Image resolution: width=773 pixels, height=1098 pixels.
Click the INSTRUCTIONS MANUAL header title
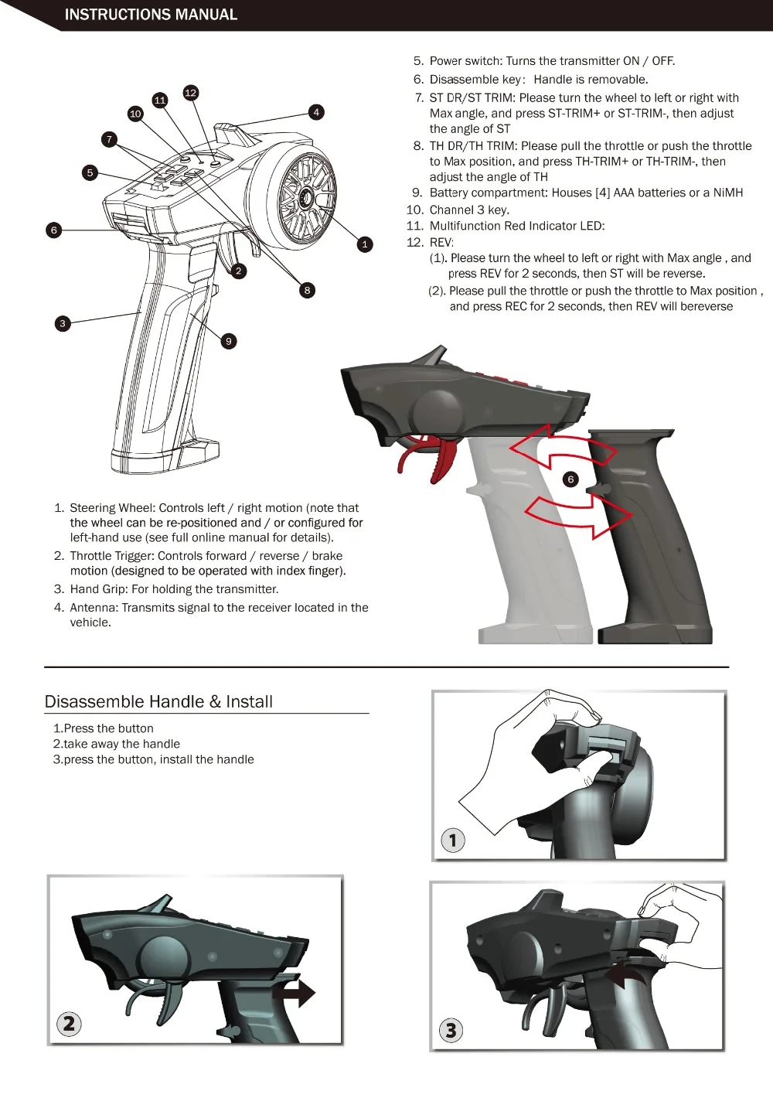pos(151,15)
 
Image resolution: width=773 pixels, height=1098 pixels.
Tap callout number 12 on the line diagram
pos(191,93)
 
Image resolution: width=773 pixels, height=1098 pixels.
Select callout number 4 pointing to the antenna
pos(316,112)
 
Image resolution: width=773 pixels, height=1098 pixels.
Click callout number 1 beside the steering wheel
pos(365,244)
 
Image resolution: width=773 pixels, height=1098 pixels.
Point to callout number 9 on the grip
pos(229,341)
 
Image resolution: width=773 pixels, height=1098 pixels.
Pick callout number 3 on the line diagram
pos(63,323)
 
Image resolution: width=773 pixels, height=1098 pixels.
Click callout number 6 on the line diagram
pos(54,230)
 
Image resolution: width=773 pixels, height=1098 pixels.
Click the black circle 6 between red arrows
pos(570,479)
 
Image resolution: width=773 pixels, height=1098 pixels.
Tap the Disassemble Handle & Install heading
pos(158,701)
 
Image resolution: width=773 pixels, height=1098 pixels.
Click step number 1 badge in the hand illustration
pos(453,840)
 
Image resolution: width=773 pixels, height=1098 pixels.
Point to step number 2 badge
pos(69,1024)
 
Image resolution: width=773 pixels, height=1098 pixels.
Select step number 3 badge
pos(451,1030)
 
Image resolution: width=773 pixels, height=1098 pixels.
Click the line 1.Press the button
pos(104,728)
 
